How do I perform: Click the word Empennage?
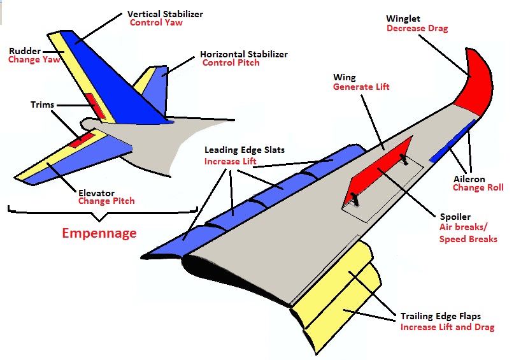tap(99, 233)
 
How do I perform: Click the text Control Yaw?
tap(156, 23)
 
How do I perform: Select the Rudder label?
tap(24, 51)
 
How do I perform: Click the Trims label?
tap(42, 104)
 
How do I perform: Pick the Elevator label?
tap(96, 192)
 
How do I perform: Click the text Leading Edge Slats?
tap(244, 150)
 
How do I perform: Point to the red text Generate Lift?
tap(361, 87)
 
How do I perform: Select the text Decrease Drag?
tap(417, 29)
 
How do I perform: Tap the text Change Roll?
tap(478, 188)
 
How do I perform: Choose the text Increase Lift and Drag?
tap(447, 328)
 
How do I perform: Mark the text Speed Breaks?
tap(468, 239)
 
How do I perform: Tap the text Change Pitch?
tap(106, 201)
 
